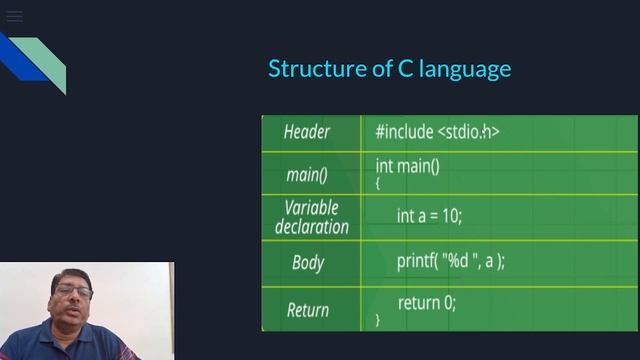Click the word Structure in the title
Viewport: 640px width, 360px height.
pos(311,68)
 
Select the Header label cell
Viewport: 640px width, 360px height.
pos(306,132)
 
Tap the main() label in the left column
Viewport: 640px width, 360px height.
pos(307,175)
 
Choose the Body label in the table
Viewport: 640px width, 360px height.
pos(308,262)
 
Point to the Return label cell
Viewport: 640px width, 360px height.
pos(308,309)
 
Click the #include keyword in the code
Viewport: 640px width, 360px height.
pos(404,131)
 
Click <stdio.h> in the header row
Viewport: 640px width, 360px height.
pos(468,131)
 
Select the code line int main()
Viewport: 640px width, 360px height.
pos(407,165)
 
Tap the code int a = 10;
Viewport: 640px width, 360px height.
pos(429,215)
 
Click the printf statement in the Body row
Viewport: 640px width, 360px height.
pos(450,260)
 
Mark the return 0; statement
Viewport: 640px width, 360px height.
pos(426,302)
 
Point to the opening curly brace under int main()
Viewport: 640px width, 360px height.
pos(378,183)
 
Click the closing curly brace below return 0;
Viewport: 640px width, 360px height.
pos(378,320)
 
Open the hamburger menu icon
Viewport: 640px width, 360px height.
pos(14,16)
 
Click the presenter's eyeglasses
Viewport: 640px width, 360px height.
pos(73,292)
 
